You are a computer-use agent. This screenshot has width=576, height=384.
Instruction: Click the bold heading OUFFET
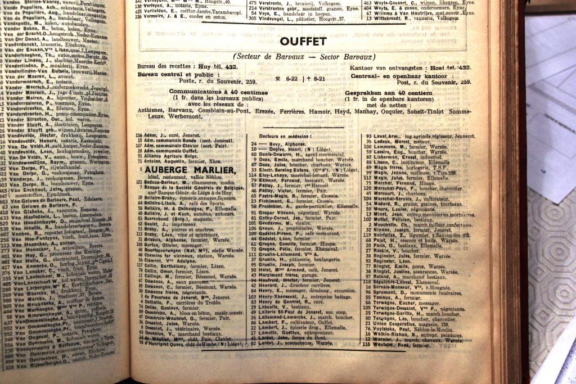303,42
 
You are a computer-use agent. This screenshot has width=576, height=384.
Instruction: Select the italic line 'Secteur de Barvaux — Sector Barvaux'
304,57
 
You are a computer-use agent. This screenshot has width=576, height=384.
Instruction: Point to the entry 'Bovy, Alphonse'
280,144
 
